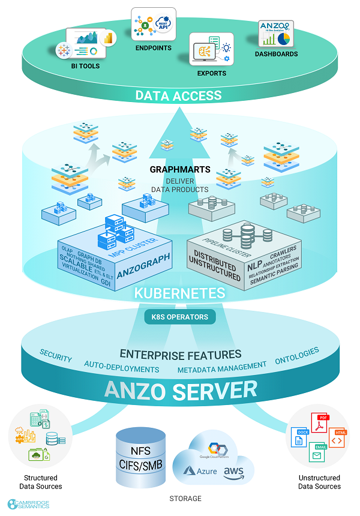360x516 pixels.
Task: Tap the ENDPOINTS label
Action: (x=154, y=48)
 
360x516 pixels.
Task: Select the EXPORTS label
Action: (x=211, y=73)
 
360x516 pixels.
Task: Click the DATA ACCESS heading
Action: (x=178, y=95)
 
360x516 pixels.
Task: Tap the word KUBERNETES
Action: (x=179, y=293)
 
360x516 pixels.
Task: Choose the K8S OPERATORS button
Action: (x=179, y=317)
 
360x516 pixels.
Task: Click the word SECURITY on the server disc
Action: (x=56, y=355)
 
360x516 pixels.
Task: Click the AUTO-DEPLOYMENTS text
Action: (x=122, y=367)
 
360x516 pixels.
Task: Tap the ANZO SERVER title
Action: (x=180, y=391)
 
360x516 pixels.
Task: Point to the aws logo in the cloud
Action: (x=233, y=473)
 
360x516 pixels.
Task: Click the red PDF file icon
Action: (x=322, y=423)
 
